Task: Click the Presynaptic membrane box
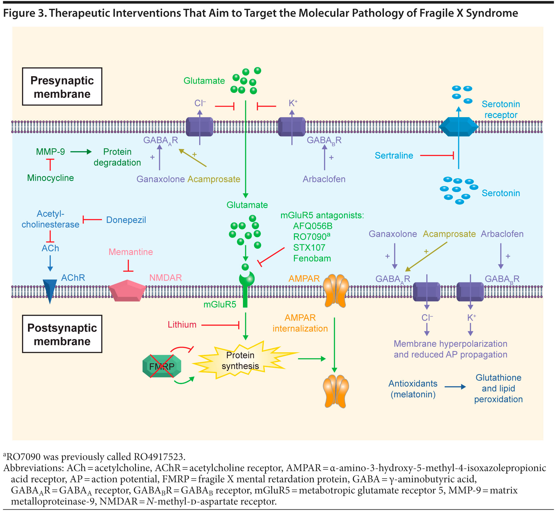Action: [x=62, y=87]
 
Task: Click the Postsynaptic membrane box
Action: [x=62, y=334]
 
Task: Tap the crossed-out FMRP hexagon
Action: [x=162, y=366]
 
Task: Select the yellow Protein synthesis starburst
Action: [x=240, y=361]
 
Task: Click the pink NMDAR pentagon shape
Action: [x=127, y=291]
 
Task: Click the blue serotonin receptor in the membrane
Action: [x=459, y=127]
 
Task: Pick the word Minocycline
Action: [x=50, y=178]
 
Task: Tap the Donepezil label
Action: [x=126, y=220]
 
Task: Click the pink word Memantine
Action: [x=131, y=252]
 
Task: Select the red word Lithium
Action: [x=182, y=325]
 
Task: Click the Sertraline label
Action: [x=394, y=156]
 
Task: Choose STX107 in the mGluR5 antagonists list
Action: [x=309, y=247]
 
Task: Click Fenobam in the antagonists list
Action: [x=312, y=258]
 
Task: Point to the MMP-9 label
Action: [x=50, y=152]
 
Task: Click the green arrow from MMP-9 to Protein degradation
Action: [x=81, y=152]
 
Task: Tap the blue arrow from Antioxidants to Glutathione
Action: [x=455, y=387]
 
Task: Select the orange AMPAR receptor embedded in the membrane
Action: [x=336, y=290]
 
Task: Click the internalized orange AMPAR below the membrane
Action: [x=336, y=391]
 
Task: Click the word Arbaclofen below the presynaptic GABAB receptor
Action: [x=324, y=179]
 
